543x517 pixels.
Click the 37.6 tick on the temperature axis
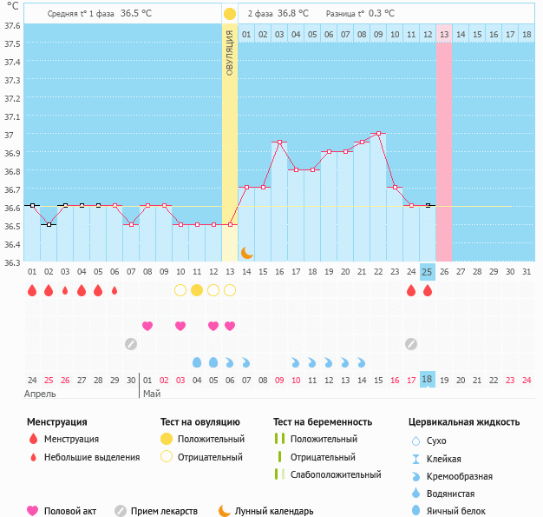[x=13, y=25]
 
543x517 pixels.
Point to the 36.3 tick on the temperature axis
[x=13, y=262]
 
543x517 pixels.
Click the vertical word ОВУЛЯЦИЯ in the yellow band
[x=230, y=52]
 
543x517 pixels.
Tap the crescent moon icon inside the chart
[x=246, y=252]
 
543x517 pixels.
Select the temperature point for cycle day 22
[x=378, y=134]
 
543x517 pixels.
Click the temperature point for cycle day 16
[x=279, y=143]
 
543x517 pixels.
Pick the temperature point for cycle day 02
[x=49, y=224]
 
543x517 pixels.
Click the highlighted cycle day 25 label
[x=427, y=271]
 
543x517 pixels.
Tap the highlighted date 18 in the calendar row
[x=427, y=380]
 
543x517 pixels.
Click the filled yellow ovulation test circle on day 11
[x=197, y=289]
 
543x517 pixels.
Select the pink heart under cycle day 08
[x=147, y=326]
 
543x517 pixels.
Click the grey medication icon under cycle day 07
[x=131, y=344]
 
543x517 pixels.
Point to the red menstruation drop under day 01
[x=32, y=290]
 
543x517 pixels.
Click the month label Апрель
[x=40, y=394]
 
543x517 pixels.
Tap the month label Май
[x=150, y=394]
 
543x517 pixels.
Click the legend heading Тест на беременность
[x=322, y=421]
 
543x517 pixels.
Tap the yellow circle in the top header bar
[x=230, y=14]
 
